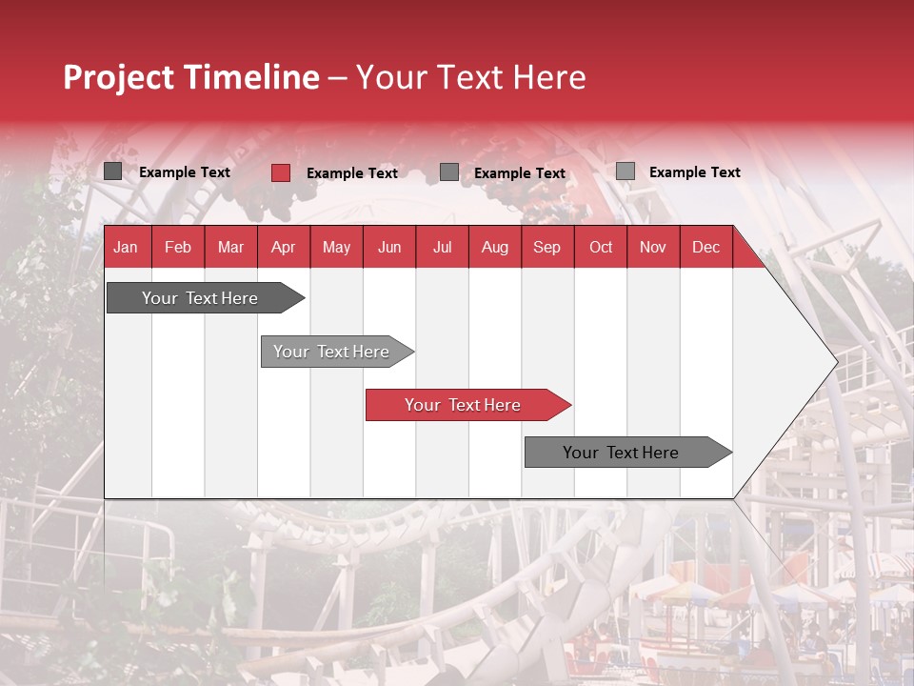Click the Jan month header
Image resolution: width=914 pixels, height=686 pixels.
tap(126, 247)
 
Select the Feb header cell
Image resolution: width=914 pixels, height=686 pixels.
tap(178, 247)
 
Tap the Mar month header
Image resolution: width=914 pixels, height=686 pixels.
tap(230, 247)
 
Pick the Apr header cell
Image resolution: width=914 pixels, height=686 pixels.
tap(283, 247)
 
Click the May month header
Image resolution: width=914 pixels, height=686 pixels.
tap(336, 247)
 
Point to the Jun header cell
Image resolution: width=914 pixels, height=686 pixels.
tap(389, 247)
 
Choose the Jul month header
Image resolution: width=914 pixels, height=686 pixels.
tap(442, 247)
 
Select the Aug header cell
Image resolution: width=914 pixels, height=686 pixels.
tap(495, 247)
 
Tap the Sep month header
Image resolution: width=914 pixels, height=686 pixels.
tap(547, 247)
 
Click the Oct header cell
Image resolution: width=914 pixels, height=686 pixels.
tap(601, 247)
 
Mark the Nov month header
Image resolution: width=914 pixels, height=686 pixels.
tap(653, 247)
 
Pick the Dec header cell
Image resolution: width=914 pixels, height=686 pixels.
tap(706, 247)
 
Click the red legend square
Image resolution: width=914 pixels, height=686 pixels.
tap(281, 172)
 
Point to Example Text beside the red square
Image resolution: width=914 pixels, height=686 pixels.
tap(352, 173)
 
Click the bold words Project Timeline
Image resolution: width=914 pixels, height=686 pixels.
tap(191, 77)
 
